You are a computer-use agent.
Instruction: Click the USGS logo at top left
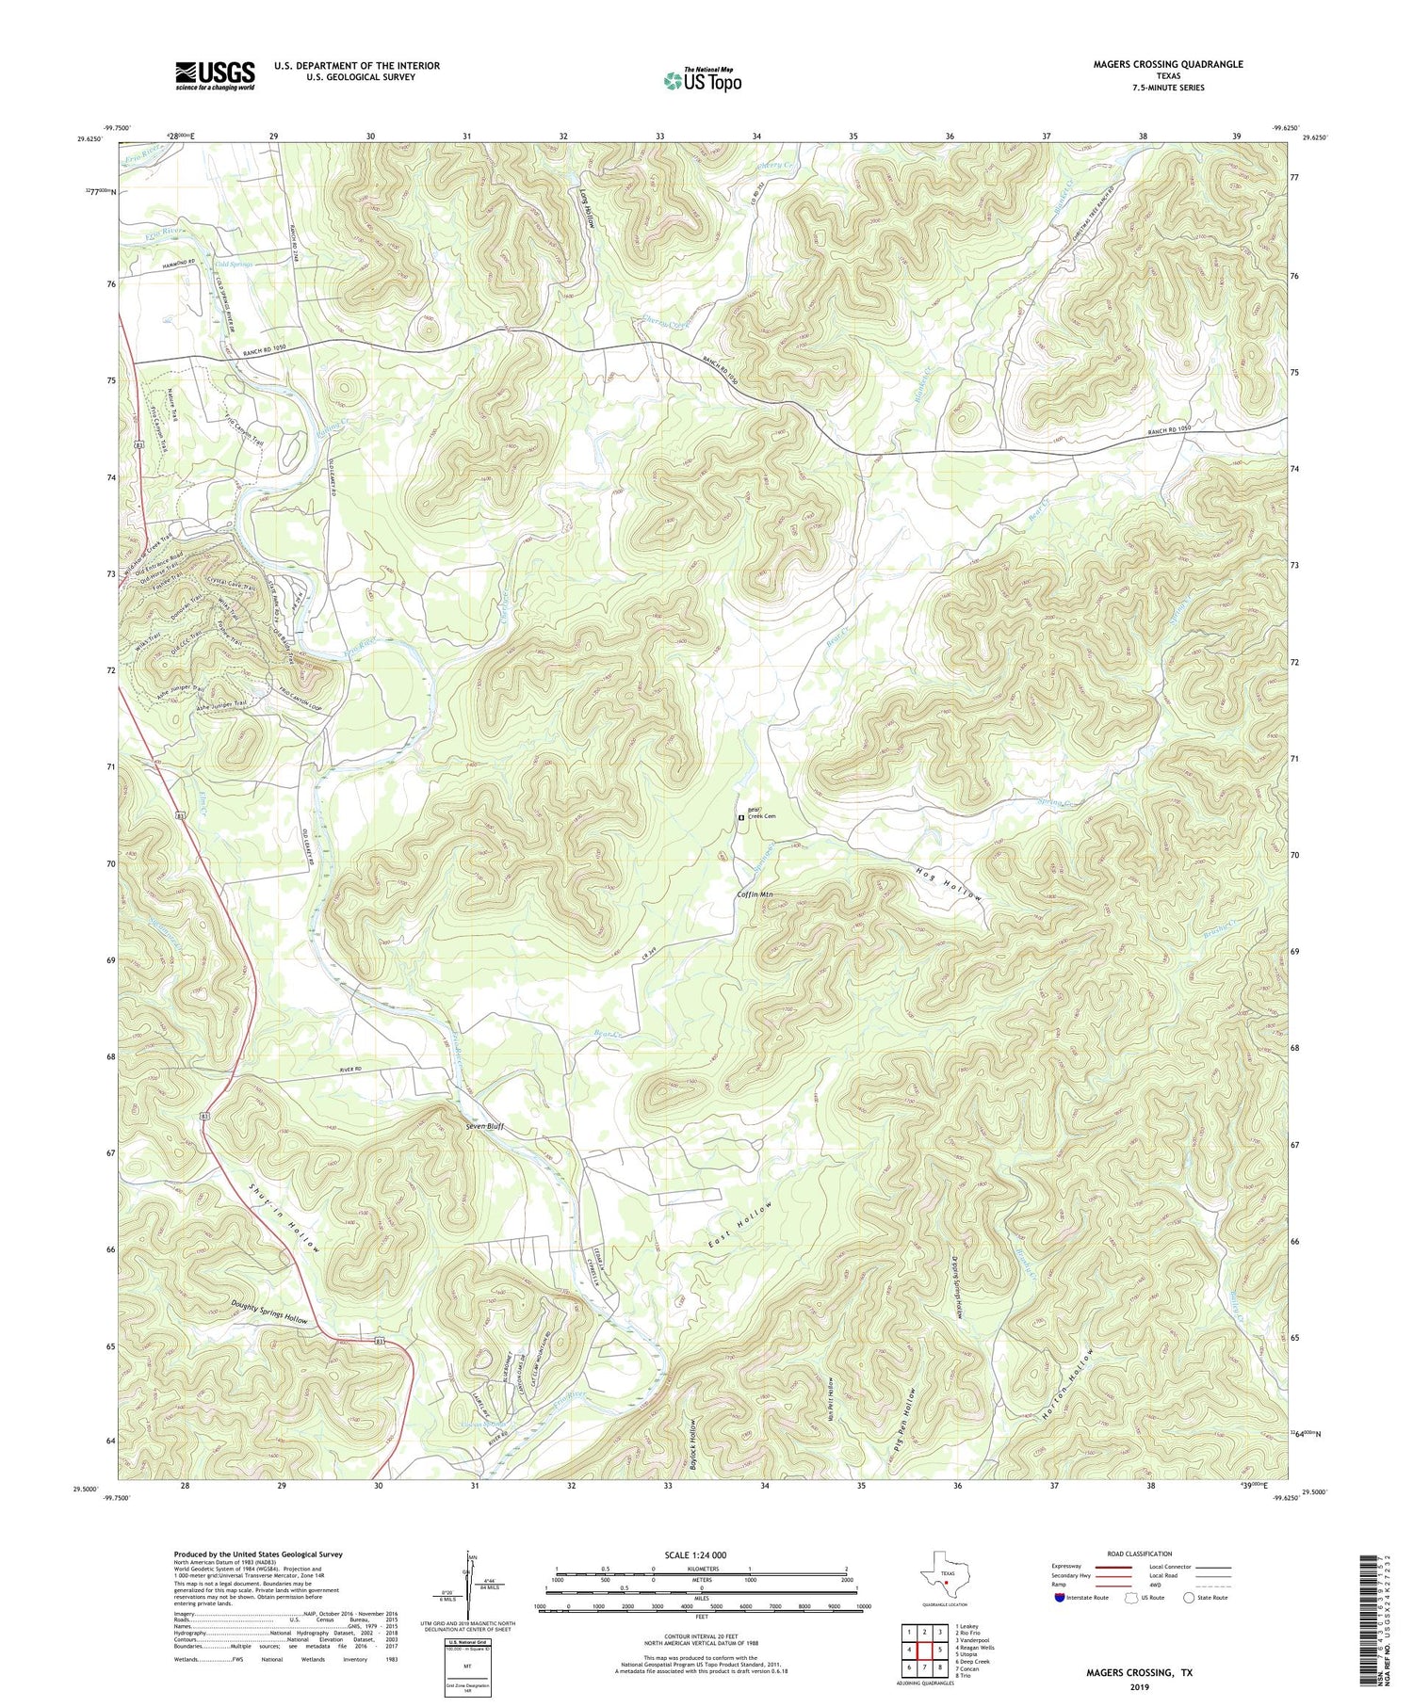pos(215,75)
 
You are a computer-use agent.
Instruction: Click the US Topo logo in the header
pos(702,81)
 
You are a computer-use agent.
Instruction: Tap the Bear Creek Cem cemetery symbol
pos(740,818)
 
